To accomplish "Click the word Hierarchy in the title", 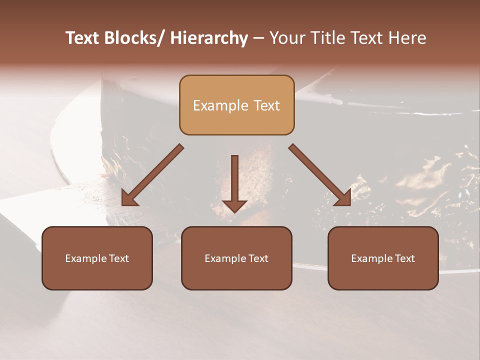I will [209, 38].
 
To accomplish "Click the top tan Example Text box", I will [236, 105].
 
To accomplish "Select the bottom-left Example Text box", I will [97, 258].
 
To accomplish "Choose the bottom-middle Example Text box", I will [236, 258].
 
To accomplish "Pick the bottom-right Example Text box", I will [383, 258].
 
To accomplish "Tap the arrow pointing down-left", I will [152, 175].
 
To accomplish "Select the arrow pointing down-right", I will [320, 175].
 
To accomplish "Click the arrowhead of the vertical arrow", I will [234, 205].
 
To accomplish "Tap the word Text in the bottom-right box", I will [404, 258].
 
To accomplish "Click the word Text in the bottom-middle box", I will [258, 258].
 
